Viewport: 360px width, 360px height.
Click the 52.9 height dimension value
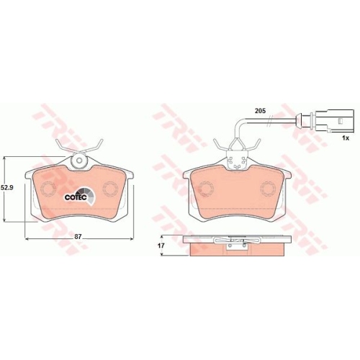(x=6, y=188)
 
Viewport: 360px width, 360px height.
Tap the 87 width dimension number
(x=78, y=236)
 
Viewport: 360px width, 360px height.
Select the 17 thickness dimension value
(x=161, y=246)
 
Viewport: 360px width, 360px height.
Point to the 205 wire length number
(x=260, y=111)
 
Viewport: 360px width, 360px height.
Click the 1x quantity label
(x=346, y=138)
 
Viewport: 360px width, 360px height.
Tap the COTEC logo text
(x=76, y=197)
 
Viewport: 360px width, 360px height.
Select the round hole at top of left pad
(x=79, y=161)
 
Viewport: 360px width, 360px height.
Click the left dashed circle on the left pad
(x=48, y=189)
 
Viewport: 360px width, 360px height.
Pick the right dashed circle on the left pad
(x=110, y=189)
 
